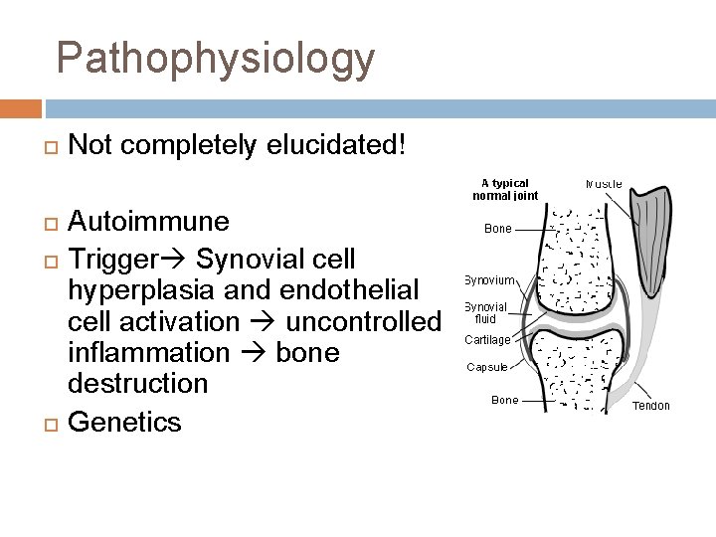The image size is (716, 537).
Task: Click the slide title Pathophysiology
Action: coord(216,59)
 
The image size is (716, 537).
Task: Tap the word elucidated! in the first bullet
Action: coord(336,145)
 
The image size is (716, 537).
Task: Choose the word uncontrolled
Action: coord(363,322)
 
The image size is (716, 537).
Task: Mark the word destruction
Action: coord(138,384)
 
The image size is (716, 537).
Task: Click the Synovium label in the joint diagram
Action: coord(489,280)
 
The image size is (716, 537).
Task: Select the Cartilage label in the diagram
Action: coord(487,339)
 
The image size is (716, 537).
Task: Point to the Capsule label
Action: coord(487,367)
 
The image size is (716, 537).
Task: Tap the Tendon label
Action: coord(651,405)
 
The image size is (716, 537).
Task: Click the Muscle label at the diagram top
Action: coord(605,184)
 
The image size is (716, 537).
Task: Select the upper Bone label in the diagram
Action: coord(498,229)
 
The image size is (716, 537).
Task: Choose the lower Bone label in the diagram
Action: coord(505,400)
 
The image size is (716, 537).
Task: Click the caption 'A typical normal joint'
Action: coord(505,189)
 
